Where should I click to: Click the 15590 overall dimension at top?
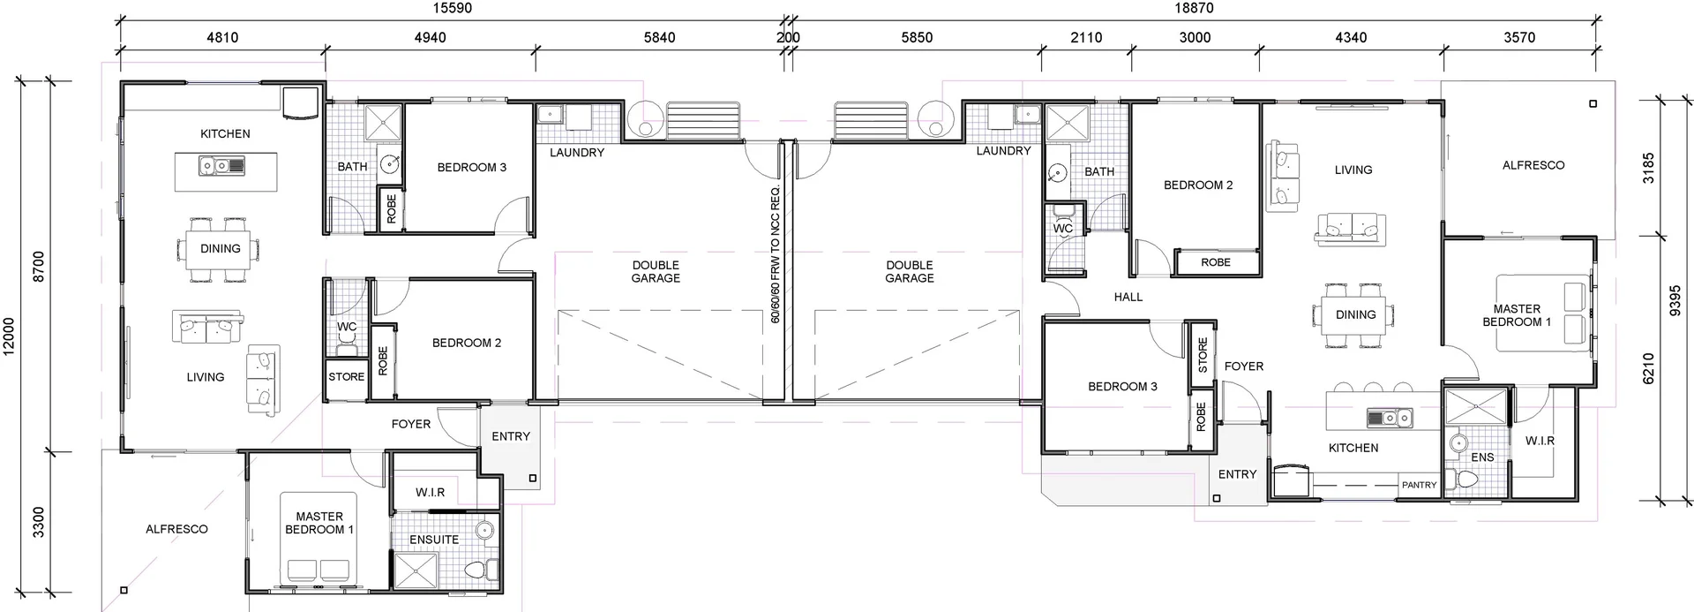452,9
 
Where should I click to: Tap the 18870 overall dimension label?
1193,9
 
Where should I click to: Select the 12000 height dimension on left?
10,336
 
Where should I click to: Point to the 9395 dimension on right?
1675,299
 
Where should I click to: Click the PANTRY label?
1419,485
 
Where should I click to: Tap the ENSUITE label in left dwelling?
434,540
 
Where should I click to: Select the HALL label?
1128,298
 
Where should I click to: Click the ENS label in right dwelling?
1482,457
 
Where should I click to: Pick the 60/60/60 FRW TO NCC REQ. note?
776,254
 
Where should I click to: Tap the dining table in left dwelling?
220,249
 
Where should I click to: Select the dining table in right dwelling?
1355,315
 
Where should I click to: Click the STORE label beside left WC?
346,377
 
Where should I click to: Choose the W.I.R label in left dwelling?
430,493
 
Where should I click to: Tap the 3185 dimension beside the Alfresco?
1648,168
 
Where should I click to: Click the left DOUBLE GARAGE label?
656,272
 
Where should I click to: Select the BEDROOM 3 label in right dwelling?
1122,387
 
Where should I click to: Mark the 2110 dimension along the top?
1086,38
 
